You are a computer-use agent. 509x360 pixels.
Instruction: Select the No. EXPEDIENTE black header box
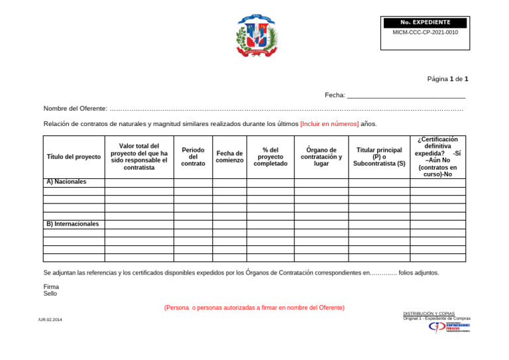point(425,23)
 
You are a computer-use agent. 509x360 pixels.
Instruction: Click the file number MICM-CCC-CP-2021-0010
point(425,32)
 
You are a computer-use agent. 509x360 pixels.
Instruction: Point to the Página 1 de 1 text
point(447,79)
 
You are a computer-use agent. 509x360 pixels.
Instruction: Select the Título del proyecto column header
point(74,156)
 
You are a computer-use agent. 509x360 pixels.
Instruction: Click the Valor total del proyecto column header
point(139,156)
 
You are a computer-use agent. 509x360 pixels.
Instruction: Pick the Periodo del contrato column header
point(193,156)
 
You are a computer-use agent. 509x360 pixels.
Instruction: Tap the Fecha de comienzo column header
point(229,156)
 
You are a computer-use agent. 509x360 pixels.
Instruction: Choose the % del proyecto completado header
point(270,156)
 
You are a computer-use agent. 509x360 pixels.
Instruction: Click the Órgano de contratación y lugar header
point(321,156)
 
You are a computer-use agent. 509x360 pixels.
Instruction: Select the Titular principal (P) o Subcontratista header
point(379,156)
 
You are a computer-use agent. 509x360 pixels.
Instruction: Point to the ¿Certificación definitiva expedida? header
point(437,156)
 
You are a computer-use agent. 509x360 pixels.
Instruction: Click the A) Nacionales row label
point(66,182)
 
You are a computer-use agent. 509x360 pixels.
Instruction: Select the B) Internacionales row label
point(72,224)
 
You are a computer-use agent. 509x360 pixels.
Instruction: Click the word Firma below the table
point(51,287)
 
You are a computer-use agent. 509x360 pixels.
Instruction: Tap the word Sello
point(50,294)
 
